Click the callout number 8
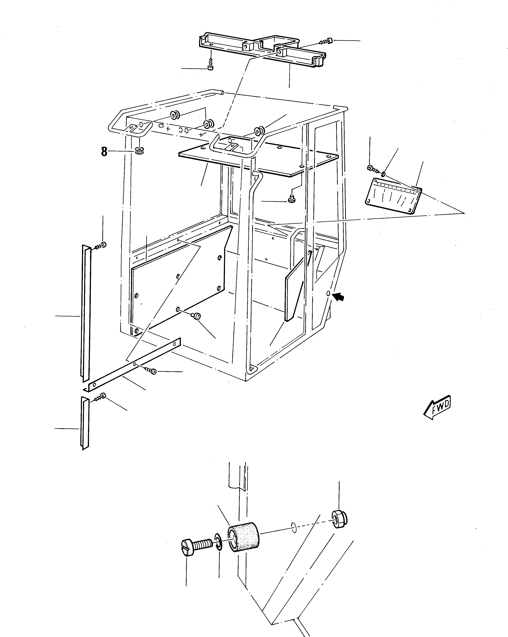click(x=104, y=152)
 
